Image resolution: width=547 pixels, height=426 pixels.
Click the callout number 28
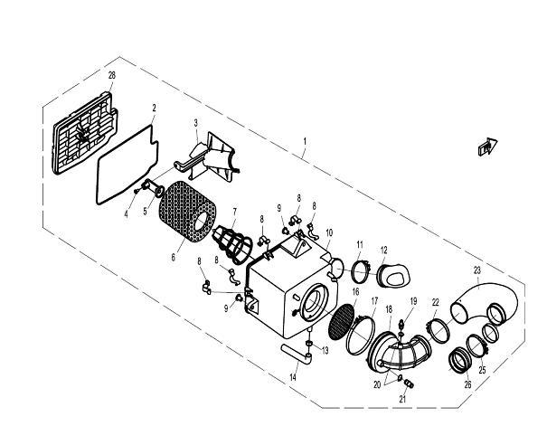(x=111, y=74)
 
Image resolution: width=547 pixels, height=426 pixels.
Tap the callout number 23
(x=476, y=270)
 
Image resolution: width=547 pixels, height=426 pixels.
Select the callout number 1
(x=306, y=142)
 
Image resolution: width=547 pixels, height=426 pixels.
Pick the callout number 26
(x=467, y=383)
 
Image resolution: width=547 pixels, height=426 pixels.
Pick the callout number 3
(x=195, y=121)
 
